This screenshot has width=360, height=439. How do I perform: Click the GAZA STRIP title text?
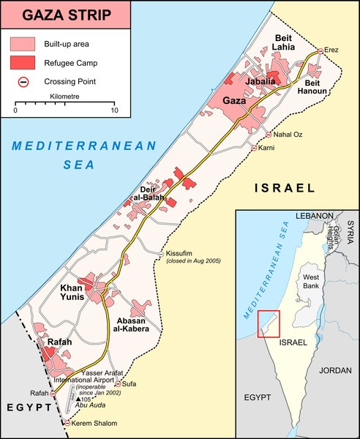(65, 15)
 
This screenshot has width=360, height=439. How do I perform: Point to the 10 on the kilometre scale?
(113, 110)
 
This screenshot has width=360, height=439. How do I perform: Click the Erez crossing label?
(332, 50)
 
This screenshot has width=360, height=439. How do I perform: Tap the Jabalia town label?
(261, 82)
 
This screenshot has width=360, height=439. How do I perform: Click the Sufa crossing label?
(129, 383)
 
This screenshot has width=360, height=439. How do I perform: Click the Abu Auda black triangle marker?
(78, 399)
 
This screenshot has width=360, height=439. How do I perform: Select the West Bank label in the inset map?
(311, 282)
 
